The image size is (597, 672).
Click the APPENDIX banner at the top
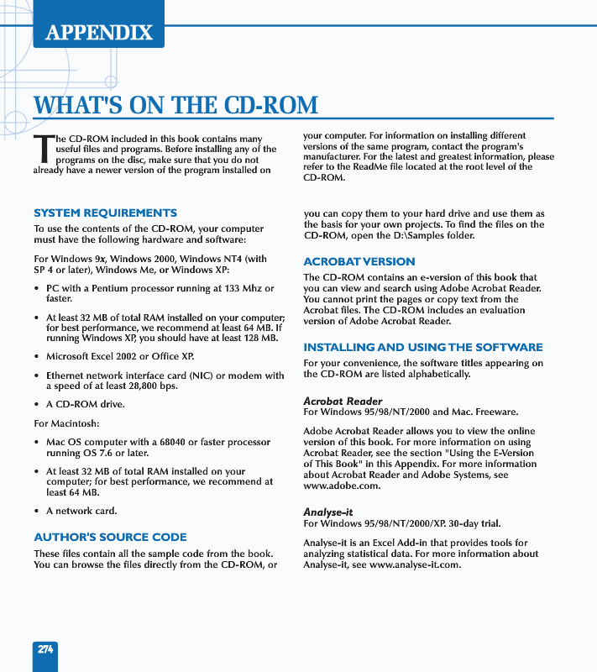(99, 33)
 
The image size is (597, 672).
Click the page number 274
(45, 649)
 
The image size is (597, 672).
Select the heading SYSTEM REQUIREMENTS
(105, 213)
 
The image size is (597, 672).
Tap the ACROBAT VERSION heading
(359, 261)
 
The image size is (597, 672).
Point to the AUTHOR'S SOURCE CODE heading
(110, 537)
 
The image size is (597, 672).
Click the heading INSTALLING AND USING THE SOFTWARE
(422, 347)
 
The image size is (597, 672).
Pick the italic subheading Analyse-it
(327, 512)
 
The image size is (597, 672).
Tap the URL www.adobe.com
(342, 486)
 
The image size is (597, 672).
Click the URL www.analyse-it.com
(415, 564)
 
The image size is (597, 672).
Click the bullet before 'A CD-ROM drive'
(37, 405)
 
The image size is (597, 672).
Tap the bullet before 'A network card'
(37, 511)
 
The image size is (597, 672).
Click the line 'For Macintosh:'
(66, 423)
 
